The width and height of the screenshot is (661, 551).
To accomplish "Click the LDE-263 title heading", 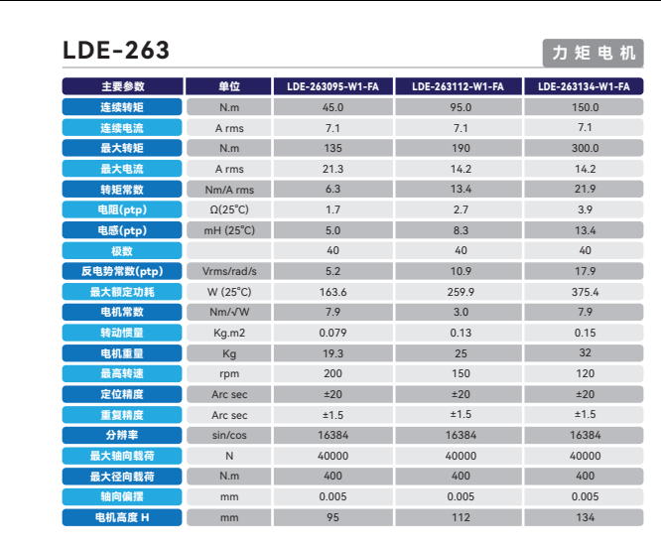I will [116, 50].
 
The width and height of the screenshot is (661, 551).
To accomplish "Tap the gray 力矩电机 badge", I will [592, 52].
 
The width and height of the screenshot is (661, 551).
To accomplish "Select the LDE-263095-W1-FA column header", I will [332, 86].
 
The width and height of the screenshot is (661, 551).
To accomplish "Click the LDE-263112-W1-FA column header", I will [460, 86].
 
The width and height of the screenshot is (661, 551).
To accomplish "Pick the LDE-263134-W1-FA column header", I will [585, 86].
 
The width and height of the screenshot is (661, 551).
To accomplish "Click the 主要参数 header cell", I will [122, 86].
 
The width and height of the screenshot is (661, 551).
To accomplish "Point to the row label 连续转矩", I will [122, 107].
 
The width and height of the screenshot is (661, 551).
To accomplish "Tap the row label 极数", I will [122, 250].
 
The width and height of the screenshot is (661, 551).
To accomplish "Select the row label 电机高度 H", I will [122, 517].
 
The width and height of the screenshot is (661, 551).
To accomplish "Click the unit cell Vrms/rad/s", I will [229, 271].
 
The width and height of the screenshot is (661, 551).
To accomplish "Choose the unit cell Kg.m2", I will [229, 333].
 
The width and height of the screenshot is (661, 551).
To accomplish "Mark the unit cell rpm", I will [229, 373].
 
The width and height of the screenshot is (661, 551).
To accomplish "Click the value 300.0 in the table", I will [585, 148].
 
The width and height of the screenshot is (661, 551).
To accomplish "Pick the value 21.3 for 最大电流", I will [332, 169].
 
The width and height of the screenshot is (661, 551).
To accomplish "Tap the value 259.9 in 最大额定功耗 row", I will [460, 292].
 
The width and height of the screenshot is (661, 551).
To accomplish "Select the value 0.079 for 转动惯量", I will [332, 333].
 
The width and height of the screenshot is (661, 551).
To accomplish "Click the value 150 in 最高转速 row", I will [460, 373].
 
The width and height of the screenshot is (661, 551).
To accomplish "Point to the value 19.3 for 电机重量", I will [332, 353].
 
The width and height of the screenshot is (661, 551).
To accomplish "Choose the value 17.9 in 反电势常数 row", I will [585, 271].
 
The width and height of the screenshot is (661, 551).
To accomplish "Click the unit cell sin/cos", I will [229, 435].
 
